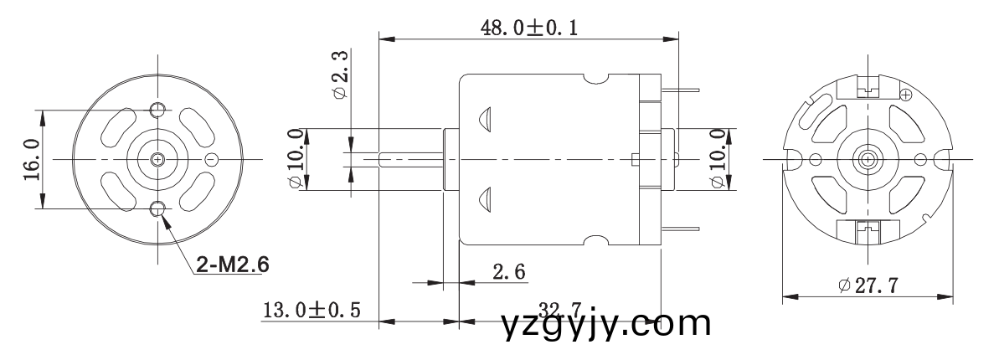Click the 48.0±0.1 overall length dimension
(528, 27)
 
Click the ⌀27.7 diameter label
(868, 285)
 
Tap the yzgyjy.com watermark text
(606, 323)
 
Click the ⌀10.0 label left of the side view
(296, 159)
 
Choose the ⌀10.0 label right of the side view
(718, 159)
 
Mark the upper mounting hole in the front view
(157, 110)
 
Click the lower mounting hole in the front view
(157, 208)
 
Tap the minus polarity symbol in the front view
(212, 159)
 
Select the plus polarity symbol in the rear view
(904, 95)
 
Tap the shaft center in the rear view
(868, 158)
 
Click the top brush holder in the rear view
(868, 85)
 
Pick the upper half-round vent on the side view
(483, 119)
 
